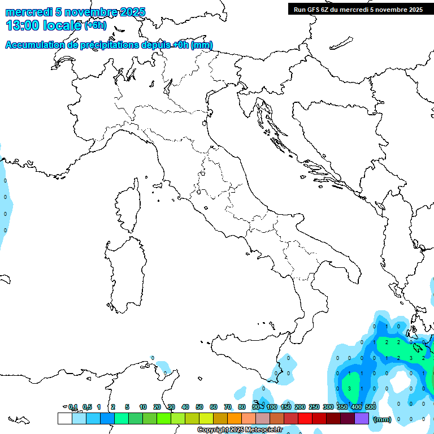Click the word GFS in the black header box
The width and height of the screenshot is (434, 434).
pos(314,9)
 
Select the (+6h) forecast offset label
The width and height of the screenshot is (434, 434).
pos(95,25)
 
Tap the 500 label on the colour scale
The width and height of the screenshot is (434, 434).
pos(371,407)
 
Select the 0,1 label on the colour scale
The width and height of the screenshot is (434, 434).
pos(73,407)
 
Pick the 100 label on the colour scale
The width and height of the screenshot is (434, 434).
pos(272,407)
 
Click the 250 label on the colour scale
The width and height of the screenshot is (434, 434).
pos(314,407)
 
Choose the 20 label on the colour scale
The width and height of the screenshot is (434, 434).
pos(157,407)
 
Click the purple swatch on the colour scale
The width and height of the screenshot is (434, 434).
pos(361,418)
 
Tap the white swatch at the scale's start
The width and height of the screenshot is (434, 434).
pos(64,418)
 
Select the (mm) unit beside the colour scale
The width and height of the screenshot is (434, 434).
pos(382,419)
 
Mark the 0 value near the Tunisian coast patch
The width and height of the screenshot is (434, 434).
pos(152,358)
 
